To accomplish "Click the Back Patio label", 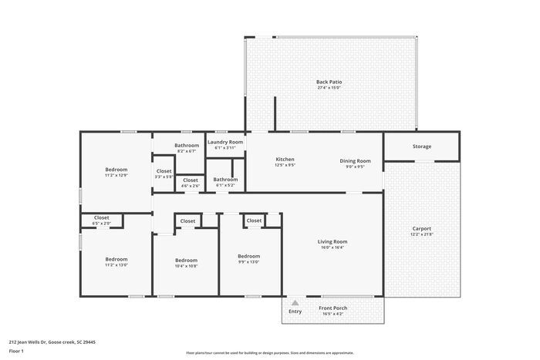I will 329,81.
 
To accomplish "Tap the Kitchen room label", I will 285,160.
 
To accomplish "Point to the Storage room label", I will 421,146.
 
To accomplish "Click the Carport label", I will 421,228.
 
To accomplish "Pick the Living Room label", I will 332,242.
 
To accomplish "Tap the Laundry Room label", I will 225,142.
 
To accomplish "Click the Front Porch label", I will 333,308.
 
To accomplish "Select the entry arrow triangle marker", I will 295,302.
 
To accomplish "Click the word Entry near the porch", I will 295,311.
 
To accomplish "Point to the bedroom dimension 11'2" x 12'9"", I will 116,175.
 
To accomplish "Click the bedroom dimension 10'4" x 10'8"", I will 186,266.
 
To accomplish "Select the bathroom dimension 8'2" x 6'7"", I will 187,151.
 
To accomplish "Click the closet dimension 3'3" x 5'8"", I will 164,177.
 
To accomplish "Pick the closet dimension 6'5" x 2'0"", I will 102,224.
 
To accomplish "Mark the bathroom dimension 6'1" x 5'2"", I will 225,185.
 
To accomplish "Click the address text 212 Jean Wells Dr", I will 52,341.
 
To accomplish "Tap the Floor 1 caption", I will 17,351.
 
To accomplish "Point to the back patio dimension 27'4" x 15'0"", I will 329,87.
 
